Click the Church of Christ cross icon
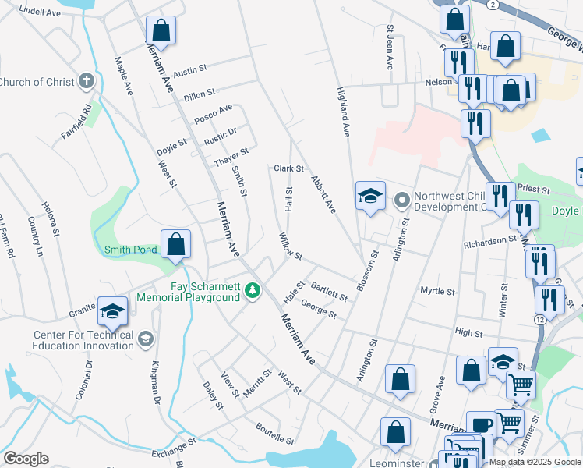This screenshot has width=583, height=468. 87,81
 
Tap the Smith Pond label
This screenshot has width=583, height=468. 131,250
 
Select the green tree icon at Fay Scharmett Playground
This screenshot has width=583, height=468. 252,291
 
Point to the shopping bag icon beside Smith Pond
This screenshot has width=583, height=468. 177,243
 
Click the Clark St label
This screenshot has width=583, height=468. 288,168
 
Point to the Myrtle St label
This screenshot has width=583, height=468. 437,291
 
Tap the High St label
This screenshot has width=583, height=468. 468,333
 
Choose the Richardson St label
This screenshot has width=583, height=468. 485,243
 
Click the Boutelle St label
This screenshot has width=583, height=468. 274,434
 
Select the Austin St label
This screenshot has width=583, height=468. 189,69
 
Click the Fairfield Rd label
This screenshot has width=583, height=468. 77,122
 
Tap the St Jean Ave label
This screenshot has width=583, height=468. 390,47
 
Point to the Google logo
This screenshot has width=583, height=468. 26,458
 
